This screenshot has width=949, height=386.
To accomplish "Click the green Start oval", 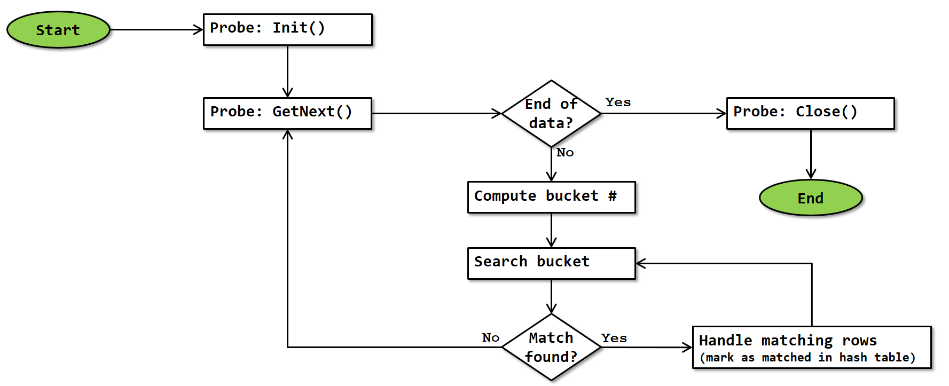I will (58, 30).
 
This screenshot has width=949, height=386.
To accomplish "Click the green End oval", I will (810, 198).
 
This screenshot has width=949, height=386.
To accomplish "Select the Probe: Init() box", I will (287, 29).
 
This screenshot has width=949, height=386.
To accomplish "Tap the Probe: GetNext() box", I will (287, 113).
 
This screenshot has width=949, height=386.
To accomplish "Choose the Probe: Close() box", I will (810, 113).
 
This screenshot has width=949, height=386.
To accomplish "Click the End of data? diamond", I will (551, 113).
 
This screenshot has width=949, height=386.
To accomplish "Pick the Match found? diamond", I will (551, 347).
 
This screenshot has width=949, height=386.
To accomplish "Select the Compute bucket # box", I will (551, 197).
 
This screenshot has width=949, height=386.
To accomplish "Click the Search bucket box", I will (551, 263).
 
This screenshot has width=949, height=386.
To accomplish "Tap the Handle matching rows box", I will (811, 347).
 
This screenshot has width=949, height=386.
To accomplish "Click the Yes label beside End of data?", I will (618, 102).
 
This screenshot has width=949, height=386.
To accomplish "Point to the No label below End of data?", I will (565, 153).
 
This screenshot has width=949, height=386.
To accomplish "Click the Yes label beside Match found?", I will (614, 338).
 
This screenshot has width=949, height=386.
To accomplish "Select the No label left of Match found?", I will (490, 337).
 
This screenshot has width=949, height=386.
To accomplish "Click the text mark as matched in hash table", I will (807, 358).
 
